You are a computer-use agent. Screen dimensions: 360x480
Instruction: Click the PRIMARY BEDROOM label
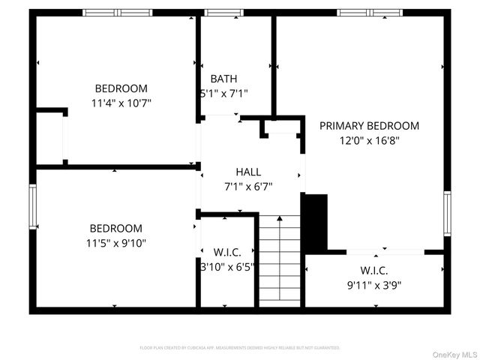(x=369, y=126)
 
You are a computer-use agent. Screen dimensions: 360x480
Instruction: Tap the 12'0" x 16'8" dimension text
(x=369, y=140)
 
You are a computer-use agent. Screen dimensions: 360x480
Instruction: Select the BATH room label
(x=223, y=79)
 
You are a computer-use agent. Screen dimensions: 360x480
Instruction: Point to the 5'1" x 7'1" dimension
(x=223, y=94)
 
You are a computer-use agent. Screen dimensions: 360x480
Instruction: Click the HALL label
(x=248, y=172)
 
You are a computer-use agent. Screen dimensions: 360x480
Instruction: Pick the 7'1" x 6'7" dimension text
(x=248, y=187)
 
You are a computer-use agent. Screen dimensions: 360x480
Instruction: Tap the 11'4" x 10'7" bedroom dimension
(x=121, y=103)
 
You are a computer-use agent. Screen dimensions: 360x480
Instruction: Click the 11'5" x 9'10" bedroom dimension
(x=115, y=243)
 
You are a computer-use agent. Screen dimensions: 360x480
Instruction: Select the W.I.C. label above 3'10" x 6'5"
(x=228, y=251)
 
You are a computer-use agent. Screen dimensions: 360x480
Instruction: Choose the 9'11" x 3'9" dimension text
(x=373, y=285)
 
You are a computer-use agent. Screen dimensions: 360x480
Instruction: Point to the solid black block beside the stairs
(x=315, y=222)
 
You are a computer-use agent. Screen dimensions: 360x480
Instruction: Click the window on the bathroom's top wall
(x=218, y=12)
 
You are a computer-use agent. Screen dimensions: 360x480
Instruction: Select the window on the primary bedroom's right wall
(x=447, y=213)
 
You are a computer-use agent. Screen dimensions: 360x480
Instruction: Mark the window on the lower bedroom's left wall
(x=33, y=206)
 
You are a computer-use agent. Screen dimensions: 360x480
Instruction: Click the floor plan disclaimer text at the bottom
(x=240, y=348)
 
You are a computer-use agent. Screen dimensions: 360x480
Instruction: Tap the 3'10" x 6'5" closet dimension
(x=228, y=265)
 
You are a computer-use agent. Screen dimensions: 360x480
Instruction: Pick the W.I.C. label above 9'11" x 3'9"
(x=373, y=271)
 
